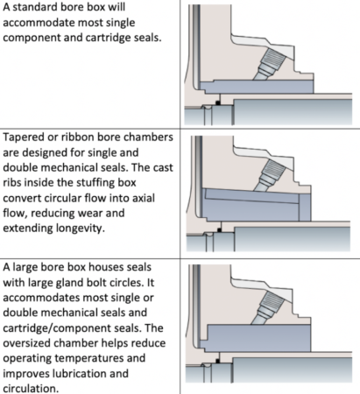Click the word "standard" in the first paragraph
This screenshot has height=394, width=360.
tap(40, 10)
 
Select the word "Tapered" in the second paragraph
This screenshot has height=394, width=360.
tap(29, 139)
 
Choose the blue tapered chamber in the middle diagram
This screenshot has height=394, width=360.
tap(254, 207)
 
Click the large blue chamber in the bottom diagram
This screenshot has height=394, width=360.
tap(263, 337)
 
